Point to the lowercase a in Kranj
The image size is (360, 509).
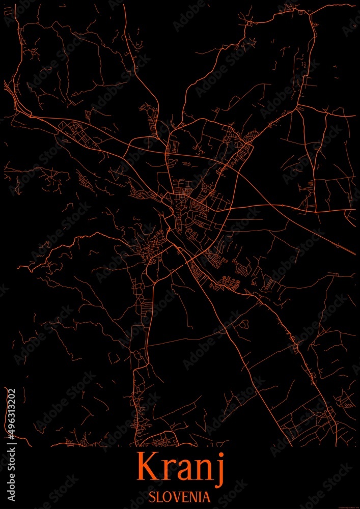(184, 471)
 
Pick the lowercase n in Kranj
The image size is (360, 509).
(204, 471)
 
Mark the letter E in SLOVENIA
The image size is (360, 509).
(185, 495)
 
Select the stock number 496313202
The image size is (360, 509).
(11, 417)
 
